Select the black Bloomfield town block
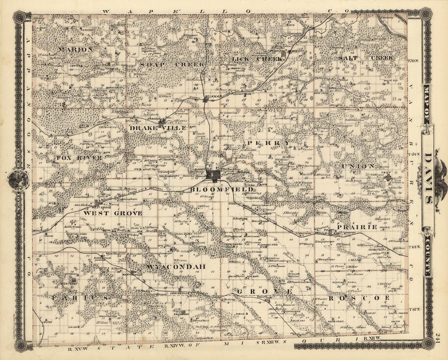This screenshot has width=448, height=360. click(x=214, y=175)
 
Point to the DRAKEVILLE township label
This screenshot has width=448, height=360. click(x=158, y=128)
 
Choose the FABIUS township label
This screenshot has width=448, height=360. click(x=80, y=298)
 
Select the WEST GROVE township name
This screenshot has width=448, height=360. click(x=113, y=213)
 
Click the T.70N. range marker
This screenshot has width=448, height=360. click(x=414, y=60)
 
